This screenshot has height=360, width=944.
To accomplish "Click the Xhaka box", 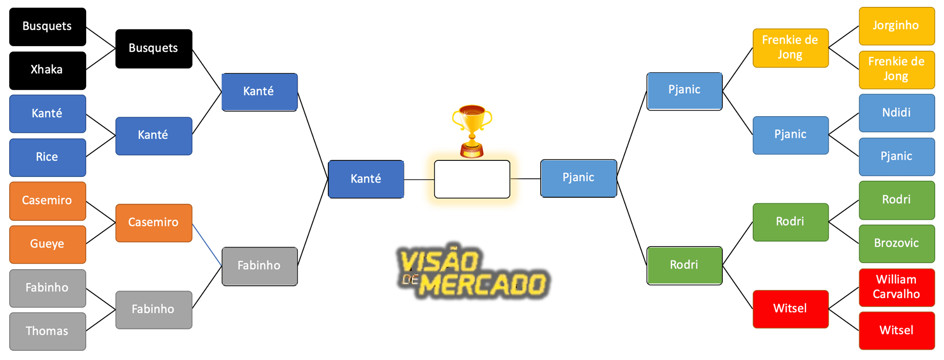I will click(47, 70).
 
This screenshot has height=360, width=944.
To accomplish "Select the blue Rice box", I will click(47, 157).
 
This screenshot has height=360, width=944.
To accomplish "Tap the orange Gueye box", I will click(47, 244).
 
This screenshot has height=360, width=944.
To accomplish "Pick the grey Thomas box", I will click(47, 331).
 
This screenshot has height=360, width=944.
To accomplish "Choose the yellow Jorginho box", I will click(897, 26).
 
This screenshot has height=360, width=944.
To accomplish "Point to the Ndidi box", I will click(897, 113).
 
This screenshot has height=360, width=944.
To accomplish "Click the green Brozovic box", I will click(897, 243).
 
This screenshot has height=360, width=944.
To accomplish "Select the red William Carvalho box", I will click(897, 287).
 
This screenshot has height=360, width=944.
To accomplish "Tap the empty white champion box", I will click(472, 179).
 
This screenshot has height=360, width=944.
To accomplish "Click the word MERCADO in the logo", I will click(484, 284).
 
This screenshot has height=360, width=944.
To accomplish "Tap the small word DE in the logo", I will click(409, 279).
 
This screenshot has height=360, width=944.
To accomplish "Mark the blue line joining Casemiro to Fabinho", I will click(207, 245).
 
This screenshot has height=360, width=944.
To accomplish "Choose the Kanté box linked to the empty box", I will click(366, 179).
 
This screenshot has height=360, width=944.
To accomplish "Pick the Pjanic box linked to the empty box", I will click(578, 178).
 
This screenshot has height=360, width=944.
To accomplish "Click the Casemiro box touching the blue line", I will click(153, 223).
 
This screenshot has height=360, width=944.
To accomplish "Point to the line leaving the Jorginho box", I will click(844, 36).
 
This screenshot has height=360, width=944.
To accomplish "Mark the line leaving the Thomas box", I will click(101, 320).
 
